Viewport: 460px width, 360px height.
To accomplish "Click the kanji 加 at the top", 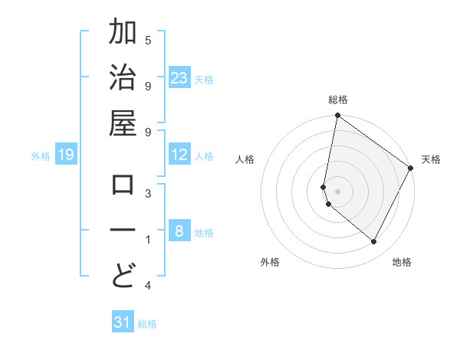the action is tap(123, 34).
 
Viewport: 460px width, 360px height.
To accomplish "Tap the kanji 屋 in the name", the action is tap(123, 123).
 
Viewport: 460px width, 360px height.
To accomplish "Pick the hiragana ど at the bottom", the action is tap(123, 275).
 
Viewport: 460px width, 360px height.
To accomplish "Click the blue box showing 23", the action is tap(179, 77).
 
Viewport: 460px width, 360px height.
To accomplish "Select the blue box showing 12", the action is tap(179, 155).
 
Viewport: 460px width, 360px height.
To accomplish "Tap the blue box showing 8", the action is tap(179, 231).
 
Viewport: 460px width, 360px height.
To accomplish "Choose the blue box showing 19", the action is tap(65, 155).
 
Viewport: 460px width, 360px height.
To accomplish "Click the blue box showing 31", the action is tap(123, 322).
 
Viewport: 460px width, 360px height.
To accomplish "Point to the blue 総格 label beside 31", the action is tap(148, 324).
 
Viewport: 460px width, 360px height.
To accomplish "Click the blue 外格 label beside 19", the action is tap(41, 156).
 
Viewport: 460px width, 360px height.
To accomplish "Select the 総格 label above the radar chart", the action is tap(338, 100).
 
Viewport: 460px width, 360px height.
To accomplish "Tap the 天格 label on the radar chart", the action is tap(431, 159).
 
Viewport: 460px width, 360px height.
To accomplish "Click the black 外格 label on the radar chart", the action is tap(270, 262).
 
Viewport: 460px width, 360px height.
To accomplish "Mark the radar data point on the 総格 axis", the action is tap(337, 116).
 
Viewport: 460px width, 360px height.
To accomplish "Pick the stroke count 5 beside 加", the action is tap(148, 40).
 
